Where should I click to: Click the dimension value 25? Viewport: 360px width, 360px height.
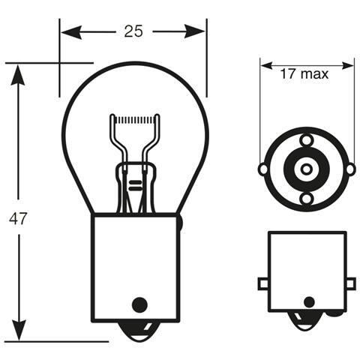(x=133, y=31)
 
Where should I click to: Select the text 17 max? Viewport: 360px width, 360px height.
(x=307, y=74)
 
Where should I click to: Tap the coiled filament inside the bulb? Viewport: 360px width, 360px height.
(x=135, y=120)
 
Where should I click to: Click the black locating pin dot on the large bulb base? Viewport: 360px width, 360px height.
(x=137, y=304)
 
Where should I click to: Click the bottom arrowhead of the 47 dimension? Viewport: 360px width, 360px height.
(x=19, y=334)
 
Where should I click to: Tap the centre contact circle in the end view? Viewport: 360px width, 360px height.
(x=307, y=169)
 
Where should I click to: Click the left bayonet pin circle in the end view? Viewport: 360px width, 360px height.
(x=262, y=169)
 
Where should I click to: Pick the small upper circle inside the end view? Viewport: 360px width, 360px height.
(x=307, y=139)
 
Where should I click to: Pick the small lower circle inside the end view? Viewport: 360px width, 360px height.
(x=307, y=198)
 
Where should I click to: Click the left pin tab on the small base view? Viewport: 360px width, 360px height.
(x=263, y=283)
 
